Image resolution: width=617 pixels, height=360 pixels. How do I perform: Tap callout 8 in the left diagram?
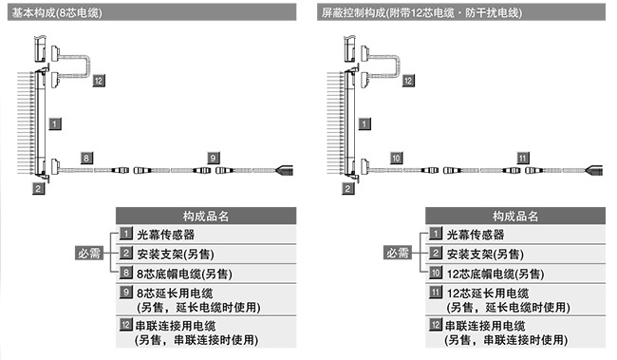pos(86,156)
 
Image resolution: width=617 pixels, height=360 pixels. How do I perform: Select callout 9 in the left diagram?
pos(213,156)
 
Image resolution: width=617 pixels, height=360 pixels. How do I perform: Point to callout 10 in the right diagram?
pos(396,156)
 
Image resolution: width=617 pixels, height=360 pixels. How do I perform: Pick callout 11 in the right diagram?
pos(522,156)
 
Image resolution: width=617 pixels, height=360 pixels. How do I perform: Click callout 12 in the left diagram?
pos(99,82)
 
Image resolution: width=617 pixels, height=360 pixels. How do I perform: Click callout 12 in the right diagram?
pos(408,82)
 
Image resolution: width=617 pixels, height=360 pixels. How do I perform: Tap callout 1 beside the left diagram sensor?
pos(55,123)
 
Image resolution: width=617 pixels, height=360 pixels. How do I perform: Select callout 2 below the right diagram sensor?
pos(348,188)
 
